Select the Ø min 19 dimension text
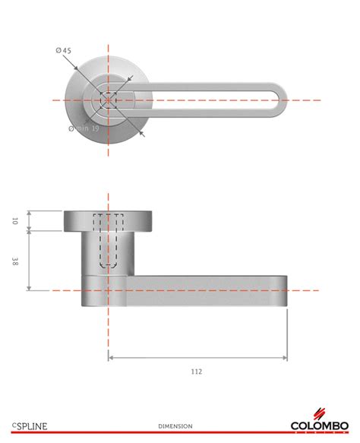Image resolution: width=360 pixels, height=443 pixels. tap(84, 128)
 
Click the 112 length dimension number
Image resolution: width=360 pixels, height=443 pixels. tap(197, 371)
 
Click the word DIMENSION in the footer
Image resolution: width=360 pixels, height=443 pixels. tap(175, 426)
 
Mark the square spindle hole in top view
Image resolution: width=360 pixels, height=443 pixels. tap(109, 100)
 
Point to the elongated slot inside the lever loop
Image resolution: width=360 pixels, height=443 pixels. tap(205, 100)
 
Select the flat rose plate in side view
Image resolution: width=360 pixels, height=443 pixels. tap(109, 220)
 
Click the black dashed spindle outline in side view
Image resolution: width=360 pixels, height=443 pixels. tap(109, 243)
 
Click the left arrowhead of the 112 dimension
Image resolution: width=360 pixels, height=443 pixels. tap(112, 357)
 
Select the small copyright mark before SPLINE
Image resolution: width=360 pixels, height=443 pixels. tap(13, 424)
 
